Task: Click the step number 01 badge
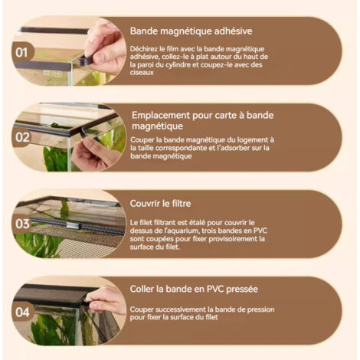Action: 21,53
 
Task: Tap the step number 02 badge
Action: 22,138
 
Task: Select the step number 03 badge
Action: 22,224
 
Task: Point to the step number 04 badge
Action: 22,313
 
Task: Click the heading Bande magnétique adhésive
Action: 191,31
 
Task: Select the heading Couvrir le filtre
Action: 160,204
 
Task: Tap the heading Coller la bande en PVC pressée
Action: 194,289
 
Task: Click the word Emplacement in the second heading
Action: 161,116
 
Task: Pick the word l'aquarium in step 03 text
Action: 182,231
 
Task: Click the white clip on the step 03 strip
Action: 73,226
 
